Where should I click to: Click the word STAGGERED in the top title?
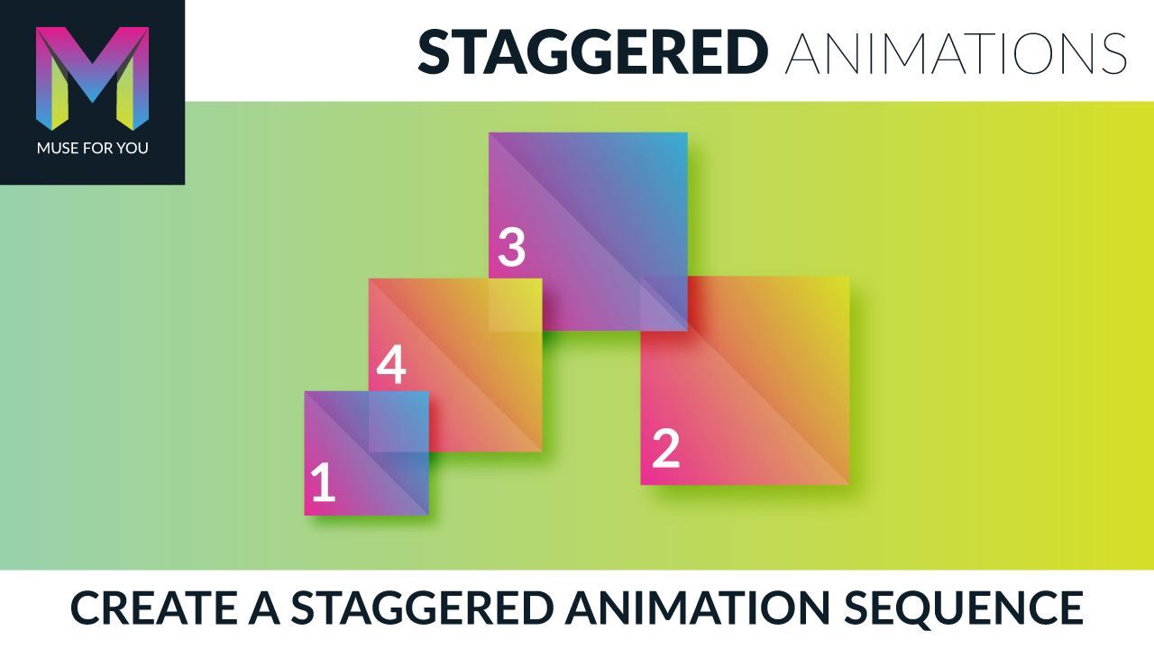(x=592, y=52)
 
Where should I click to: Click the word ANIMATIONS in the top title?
(x=956, y=52)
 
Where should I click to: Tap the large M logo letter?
(x=92, y=78)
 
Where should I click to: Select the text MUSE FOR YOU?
(x=92, y=148)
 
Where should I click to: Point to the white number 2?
(x=665, y=449)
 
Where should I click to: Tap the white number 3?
(x=511, y=248)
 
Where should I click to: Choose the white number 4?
(x=391, y=367)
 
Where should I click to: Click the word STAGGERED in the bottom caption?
(x=421, y=608)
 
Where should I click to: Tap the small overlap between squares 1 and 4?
(x=398, y=421)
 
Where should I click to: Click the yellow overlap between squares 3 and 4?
(x=515, y=305)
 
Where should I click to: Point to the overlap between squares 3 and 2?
(x=664, y=304)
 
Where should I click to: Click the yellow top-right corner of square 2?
(x=842, y=284)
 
